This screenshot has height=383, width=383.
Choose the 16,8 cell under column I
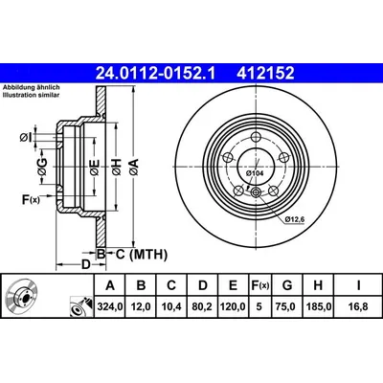coord(356,307)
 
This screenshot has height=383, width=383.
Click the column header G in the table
coord(288,285)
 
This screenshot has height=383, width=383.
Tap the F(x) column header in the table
coord(258,285)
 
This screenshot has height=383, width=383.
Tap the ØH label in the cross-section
coord(117,167)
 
